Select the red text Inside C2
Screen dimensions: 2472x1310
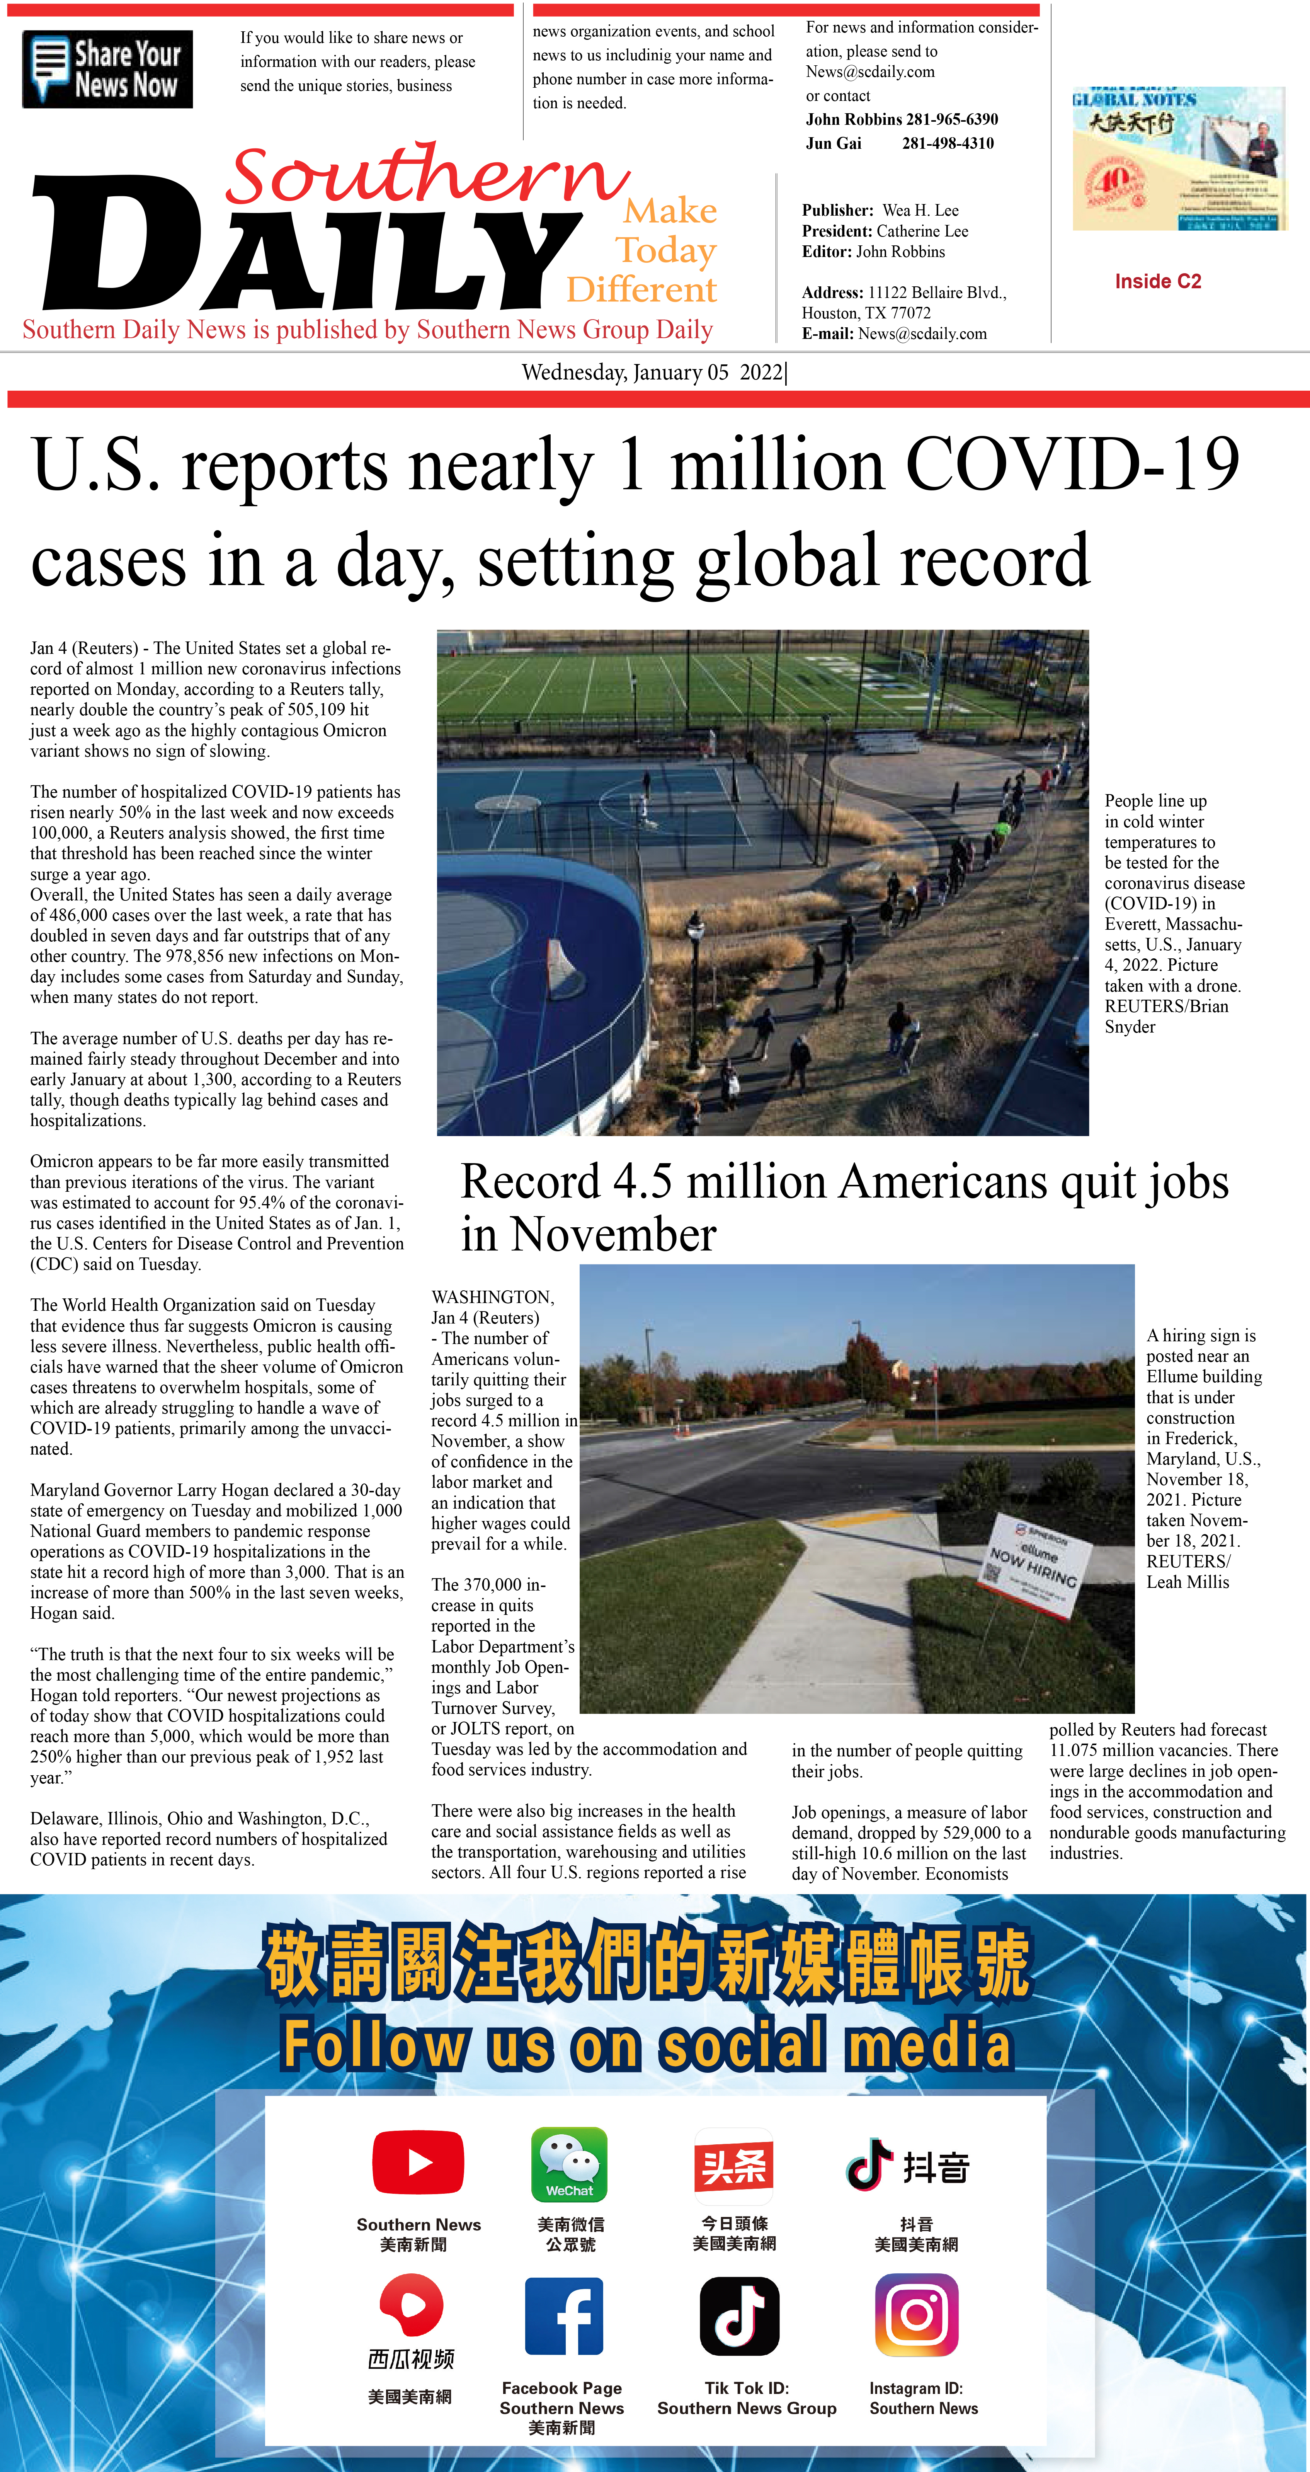click(x=1157, y=281)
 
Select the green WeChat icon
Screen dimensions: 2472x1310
click(x=569, y=2164)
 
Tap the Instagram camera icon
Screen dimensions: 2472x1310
click(x=917, y=2315)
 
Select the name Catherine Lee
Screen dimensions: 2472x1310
click(x=921, y=231)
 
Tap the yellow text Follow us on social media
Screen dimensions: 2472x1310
click(x=646, y=2044)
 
